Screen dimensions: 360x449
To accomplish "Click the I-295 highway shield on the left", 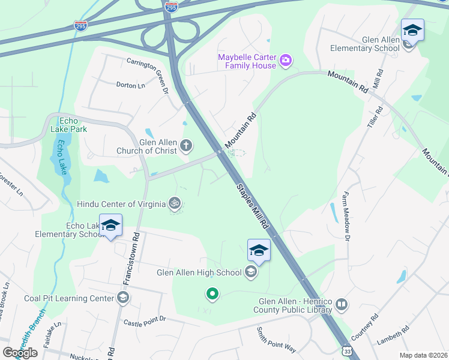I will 80,26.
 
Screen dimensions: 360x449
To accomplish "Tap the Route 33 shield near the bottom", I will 347,350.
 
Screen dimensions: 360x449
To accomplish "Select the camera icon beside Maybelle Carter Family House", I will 286,60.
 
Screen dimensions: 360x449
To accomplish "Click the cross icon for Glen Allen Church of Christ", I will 187,145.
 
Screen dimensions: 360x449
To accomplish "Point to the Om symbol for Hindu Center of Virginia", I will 175,203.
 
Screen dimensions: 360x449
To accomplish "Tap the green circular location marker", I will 211,294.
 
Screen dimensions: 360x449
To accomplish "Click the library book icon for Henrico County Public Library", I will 342,305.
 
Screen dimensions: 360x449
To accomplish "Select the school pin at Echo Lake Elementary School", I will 110,226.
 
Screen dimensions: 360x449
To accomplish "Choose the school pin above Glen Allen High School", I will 259,250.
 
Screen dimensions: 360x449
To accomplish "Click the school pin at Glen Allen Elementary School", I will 412,30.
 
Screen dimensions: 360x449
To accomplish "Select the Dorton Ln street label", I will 131,86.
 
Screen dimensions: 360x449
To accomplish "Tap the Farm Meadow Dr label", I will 345,214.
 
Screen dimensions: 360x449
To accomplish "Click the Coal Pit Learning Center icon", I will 122,298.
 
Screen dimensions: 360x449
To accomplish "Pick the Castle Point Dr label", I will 145,323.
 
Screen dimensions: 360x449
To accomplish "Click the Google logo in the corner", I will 20,352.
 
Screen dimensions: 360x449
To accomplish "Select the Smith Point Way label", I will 276,340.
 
